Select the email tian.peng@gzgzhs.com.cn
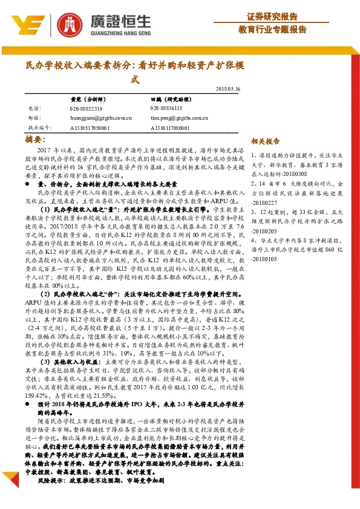(x=180, y=118)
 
